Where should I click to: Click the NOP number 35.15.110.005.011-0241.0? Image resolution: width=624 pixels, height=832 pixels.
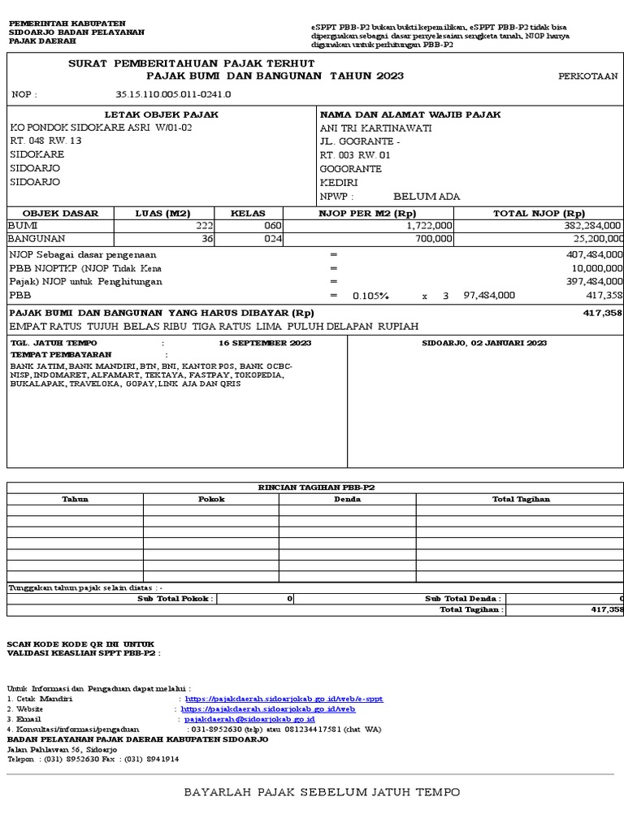tap(173, 94)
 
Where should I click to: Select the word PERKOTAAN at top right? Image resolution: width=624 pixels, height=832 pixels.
tap(587, 76)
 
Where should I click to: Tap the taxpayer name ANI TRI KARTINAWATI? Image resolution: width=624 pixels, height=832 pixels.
tap(376, 128)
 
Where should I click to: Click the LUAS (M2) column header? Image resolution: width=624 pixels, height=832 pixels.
tap(162, 214)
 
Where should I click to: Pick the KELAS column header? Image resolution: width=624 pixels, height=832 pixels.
tap(248, 214)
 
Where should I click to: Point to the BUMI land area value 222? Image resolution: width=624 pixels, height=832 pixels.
tap(204, 226)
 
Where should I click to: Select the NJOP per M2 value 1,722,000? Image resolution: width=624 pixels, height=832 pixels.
tap(429, 226)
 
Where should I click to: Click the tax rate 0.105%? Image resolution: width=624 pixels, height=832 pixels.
tap(370, 296)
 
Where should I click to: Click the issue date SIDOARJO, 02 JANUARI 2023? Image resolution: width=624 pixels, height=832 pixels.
tap(484, 344)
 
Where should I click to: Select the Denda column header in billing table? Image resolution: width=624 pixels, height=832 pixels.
tap(348, 499)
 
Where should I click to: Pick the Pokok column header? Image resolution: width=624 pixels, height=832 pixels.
tap(211, 499)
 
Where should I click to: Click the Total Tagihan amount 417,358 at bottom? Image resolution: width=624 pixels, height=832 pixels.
tap(605, 609)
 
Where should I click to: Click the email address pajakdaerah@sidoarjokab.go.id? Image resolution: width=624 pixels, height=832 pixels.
tap(249, 720)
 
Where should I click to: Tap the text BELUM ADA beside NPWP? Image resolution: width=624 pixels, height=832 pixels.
tap(427, 196)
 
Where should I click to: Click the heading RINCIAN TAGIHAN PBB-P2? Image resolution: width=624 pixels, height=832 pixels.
tap(315, 487)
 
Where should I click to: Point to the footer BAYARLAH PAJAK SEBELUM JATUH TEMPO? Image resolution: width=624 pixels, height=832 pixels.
tap(322, 792)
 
